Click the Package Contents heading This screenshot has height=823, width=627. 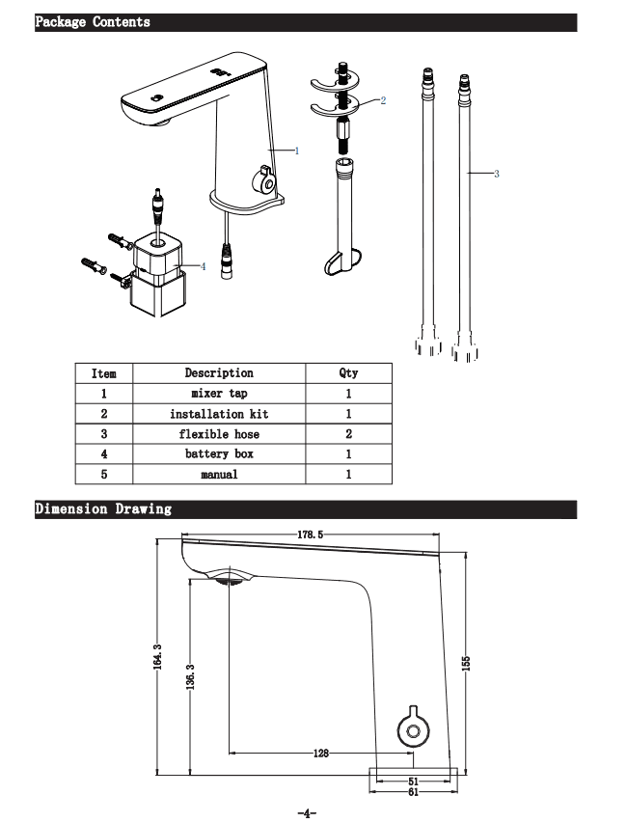[x=93, y=21]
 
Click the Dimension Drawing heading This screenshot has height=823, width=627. [x=103, y=508]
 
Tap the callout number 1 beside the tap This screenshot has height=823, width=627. [x=297, y=151]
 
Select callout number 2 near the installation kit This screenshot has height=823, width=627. [x=383, y=100]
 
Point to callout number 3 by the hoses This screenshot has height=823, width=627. [x=496, y=174]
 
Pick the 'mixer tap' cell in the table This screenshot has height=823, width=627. [x=219, y=394]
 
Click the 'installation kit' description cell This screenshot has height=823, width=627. [x=219, y=414]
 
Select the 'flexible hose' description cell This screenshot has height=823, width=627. [x=219, y=434]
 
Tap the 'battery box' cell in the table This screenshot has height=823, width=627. [x=219, y=453]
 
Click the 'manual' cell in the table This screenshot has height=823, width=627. [x=219, y=475]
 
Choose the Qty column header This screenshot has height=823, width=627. [x=348, y=372]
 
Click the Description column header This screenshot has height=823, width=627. [x=219, y=372]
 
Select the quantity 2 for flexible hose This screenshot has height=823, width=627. [x=348, y=434]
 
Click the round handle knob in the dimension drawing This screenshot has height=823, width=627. [x=413, y=731]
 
